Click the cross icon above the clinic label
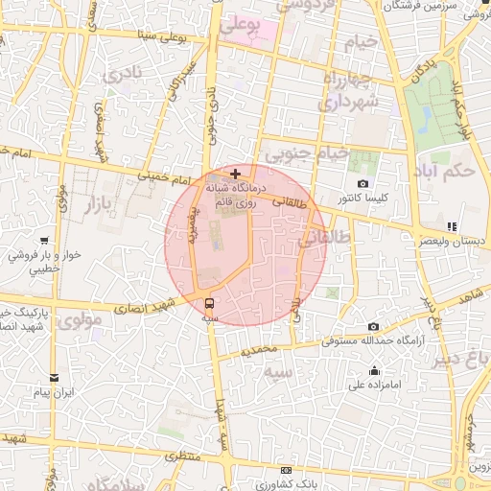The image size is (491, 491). coord(236,174)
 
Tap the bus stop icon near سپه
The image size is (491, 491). coord(210,304)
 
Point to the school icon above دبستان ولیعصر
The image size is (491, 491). coord(452,226)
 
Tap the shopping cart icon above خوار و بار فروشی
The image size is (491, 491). coord(45,242)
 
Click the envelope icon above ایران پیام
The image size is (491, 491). coord(54,377)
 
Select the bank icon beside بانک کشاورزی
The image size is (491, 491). coord(287,471)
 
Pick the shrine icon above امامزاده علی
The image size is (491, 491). coord(374,371)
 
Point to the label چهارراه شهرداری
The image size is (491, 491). coord(350,89)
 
